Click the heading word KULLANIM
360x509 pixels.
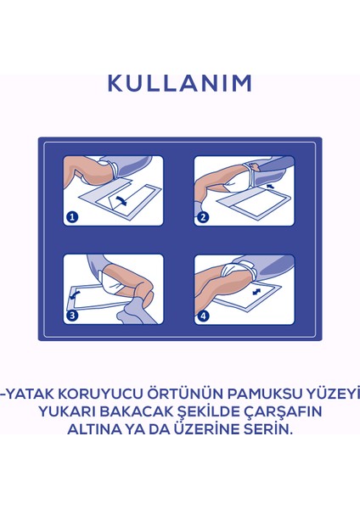179,83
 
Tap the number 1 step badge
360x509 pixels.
72,217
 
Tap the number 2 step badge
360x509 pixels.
203,217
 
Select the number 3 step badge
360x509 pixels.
72,316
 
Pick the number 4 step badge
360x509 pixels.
203,316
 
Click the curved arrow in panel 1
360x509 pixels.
126,199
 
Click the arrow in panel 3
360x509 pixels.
76,291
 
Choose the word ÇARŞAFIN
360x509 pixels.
285,411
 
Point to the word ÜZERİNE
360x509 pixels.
200,429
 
